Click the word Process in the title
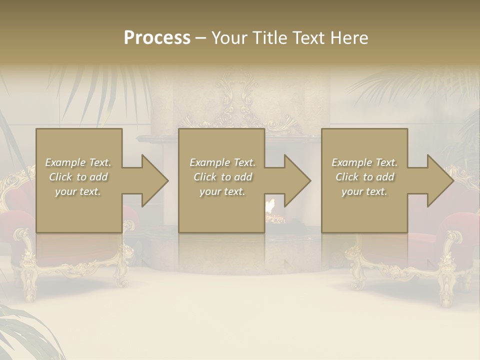click(x=157, y=38)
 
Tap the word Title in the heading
click(x=268, y=38)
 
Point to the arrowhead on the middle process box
click(x=296, y=180)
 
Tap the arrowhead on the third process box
click(x=439, y=180)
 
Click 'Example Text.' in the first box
click(x=78, y=162)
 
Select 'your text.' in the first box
click(x=78, y=191)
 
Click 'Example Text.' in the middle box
click(x=222, y=162)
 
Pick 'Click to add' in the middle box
click(x=222, y=177)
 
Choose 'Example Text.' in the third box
click(x=364, y=162)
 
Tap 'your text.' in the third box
click(x=364, y=191)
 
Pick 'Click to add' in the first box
click(x=78, y=177)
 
